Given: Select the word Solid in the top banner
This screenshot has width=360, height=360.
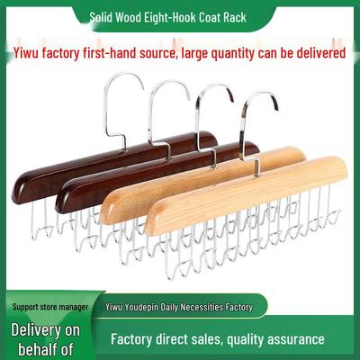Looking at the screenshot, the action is (x=101, y=18).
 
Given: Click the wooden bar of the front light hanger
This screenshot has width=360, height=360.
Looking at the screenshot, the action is (x=246, y=195).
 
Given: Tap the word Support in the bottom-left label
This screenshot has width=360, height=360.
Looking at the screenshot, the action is (x=25, y=307).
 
